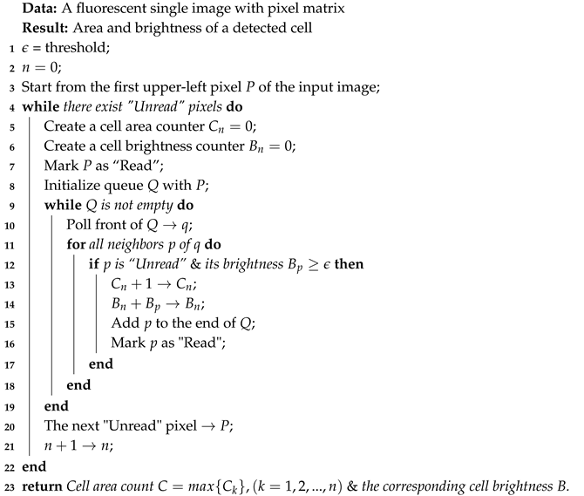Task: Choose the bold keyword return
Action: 40,486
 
